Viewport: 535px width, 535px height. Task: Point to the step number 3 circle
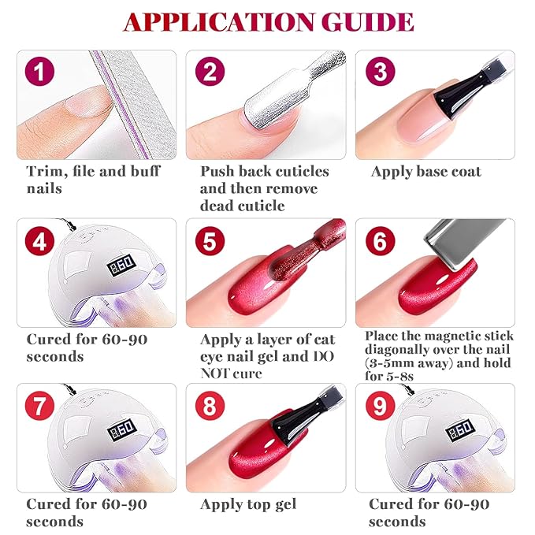[380, 73]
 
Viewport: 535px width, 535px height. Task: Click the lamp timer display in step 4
[121, 268]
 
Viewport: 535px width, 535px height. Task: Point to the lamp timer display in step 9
[461, 433]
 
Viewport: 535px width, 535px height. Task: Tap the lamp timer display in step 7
[121, 433]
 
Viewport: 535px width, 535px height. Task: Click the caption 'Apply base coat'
[425, 171]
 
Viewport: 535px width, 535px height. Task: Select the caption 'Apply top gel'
[248, 504]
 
